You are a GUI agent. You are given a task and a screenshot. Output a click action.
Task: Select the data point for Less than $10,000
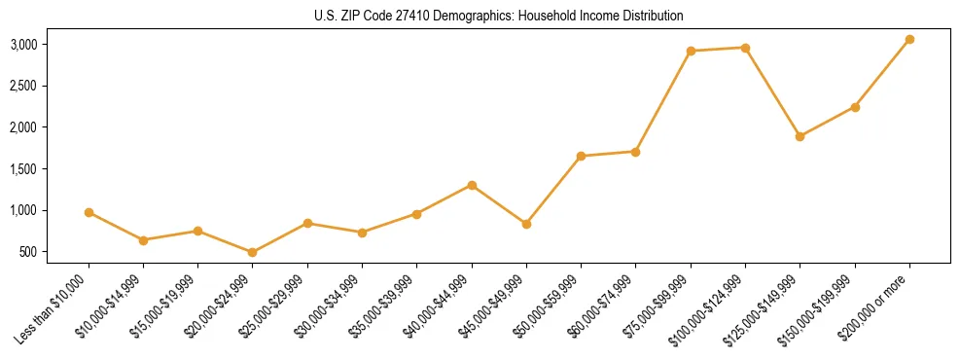click(x=89, y=212)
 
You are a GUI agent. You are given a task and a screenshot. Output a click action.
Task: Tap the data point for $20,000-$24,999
click(x=253, y=252)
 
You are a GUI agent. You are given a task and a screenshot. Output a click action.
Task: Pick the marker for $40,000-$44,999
click(x=472, y=185)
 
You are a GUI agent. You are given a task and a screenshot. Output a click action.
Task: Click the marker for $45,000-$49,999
click(x=526, y=224)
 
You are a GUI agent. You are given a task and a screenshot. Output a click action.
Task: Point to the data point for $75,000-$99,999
click(x=691, y=51)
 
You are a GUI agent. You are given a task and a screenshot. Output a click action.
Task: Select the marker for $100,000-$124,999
click(x=745, y=48)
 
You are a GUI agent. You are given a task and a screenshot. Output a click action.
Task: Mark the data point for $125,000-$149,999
click(x=800, y=136)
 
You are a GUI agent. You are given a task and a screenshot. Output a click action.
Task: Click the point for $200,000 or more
click(x=909, y=39)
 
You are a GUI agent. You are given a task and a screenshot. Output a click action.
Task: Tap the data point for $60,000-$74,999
click(x=635, y=151)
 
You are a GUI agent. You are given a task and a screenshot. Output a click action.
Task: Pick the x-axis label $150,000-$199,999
click(x=822, y=308)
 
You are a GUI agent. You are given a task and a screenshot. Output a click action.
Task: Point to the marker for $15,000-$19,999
click(x=197, y=231)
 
